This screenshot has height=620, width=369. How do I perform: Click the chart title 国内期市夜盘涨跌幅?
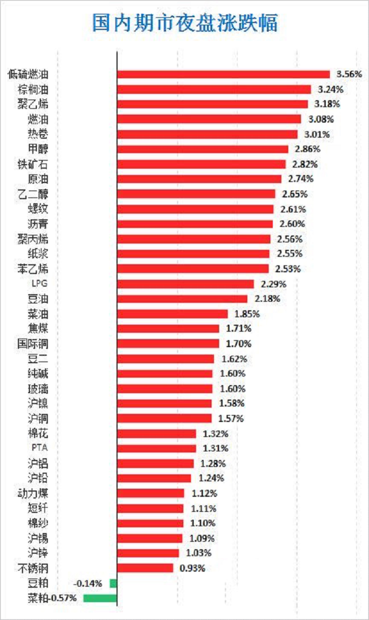[184, 22]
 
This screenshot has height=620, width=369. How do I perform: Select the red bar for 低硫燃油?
[223, 74]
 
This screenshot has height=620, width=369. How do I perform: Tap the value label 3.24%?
[330, 89]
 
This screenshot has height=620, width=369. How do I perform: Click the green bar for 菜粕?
[100, 598]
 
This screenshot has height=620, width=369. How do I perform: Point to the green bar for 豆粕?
[113, 583]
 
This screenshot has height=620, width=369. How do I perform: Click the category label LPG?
[41, 284]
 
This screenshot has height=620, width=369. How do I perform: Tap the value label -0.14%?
[88, 583]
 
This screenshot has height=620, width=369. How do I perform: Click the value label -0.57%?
[63, 598]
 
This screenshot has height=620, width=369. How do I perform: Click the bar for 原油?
[199, 179]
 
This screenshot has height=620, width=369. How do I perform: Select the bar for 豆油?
[182, 299]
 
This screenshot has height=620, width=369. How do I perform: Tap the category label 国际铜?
[33, 344]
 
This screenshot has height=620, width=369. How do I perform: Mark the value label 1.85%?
[247, 314]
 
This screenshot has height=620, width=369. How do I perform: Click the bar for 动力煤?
[150, 493]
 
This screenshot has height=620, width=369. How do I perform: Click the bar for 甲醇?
[202, 149]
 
